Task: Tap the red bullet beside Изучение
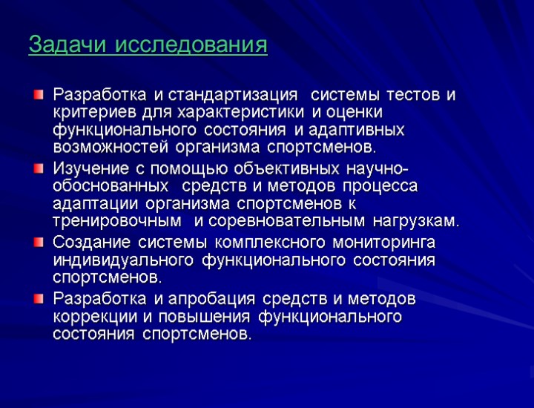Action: (39, 168)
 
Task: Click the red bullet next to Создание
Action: (39, 241)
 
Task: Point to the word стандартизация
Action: (234, 95)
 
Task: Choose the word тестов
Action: (416, 95)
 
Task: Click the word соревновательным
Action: (286, 221)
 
